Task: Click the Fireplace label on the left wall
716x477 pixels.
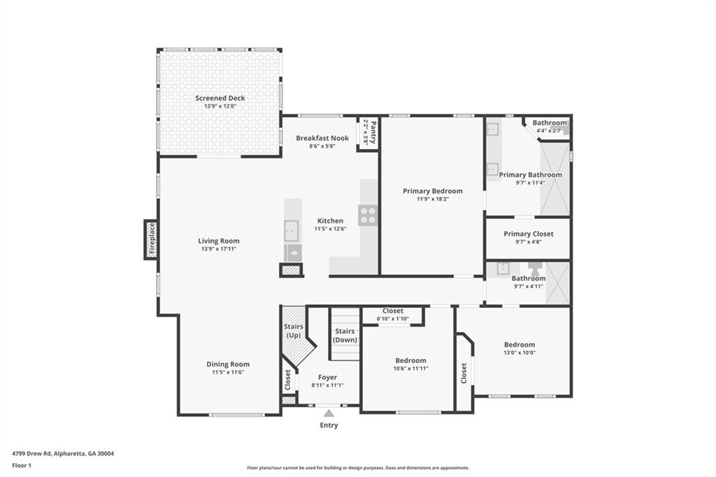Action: click(x=152, y=239)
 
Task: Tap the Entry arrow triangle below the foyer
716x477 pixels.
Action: click(x=329, y=413)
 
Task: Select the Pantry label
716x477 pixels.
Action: click(x=373, y=132)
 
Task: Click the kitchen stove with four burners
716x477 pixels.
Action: click(x=368, y=215)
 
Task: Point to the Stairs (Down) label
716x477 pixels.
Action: click(x=345, y=335)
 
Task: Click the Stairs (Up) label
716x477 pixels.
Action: click(x=293, y=331)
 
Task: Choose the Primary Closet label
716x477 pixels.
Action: click(x=529, y=234)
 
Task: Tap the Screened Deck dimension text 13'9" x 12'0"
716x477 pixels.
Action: click(x=220, y=106)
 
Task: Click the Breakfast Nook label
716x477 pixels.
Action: click(x=322, y=138)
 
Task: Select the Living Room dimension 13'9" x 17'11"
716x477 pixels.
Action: click(x=219, y=249)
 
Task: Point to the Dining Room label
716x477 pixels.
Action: click(x=228, y=364)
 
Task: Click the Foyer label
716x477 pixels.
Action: click(x=327, y=378)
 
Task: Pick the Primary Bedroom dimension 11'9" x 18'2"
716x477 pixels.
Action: click(x=432, y=199)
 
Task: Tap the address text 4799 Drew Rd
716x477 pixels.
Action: click(x=32, y=454)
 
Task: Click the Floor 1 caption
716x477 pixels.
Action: click(x=22, y=466)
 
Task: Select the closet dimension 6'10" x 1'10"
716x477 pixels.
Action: click(x=393, y=319)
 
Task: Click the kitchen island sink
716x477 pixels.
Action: click(x=292, y=231)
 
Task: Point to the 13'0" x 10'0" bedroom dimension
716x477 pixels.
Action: click(x=520, y=353)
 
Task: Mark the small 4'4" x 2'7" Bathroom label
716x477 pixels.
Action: click(x=550, y=123)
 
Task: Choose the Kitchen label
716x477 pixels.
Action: click(x=330, y=221)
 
